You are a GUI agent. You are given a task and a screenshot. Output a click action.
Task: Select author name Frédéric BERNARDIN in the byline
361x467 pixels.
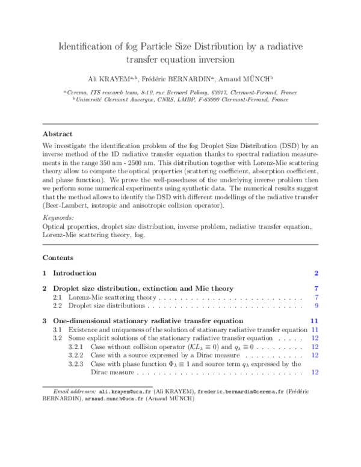coord(171,78)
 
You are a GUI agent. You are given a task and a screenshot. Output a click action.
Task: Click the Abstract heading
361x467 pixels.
coord(57,134)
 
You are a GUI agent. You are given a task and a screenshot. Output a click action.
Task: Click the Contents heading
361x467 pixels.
coord(58,258)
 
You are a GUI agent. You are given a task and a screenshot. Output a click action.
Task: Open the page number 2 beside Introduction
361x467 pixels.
coord(316,273)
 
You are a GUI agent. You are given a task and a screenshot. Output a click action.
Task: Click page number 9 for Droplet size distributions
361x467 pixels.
coord(316,307)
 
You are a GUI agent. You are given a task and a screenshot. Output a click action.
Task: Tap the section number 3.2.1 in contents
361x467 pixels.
coord(76,347)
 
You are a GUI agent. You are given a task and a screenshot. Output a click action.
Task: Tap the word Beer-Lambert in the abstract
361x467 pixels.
coord(66,206)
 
